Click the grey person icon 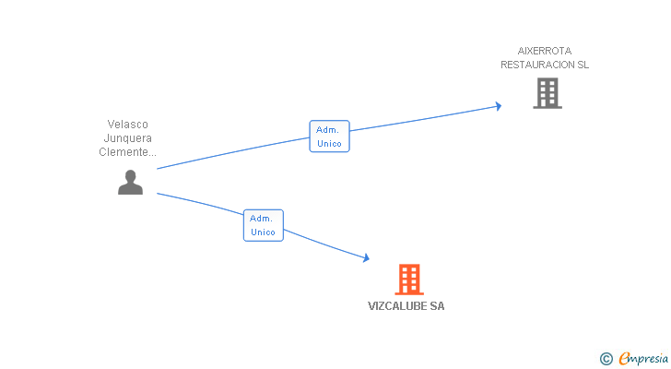click(131, 183)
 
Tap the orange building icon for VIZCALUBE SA click(409, 280)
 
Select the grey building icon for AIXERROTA click(547, 93)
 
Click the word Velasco click(127, 125)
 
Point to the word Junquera click(127, 137)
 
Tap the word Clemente click(124, 152)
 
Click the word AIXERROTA click(545, 51)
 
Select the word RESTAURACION click(538, 65)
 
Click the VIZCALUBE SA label click(406, 306)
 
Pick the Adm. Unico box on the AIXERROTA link click(330, 137)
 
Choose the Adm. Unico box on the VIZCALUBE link click(264, 225)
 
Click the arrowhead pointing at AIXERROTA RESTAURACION click(499, 106)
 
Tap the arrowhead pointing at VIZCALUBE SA click(366, 257)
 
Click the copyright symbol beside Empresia click(606, 359)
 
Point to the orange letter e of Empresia click(624, 358)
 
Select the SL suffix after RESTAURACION click(583, 65)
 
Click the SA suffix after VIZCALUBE click(437, 306)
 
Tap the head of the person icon click(131, 175)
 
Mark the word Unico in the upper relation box click(330, 143)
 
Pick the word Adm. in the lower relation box click(261, 219)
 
